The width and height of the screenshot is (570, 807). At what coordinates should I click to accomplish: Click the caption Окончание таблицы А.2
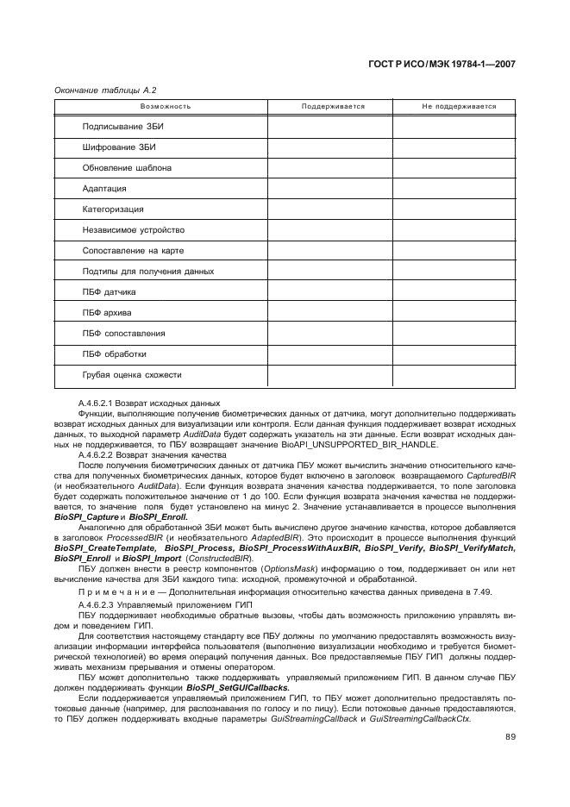(104, 90)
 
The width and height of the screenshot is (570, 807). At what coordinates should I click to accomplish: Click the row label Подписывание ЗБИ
(123, 127)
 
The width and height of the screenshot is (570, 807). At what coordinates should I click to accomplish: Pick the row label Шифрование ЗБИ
(119, 147)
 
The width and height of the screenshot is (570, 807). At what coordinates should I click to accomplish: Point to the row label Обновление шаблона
(127, 168)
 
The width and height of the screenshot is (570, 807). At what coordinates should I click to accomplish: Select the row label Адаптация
(104, 189)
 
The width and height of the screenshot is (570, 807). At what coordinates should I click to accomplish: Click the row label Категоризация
(113, 210)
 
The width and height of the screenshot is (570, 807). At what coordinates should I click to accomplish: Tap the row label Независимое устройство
(134, 230)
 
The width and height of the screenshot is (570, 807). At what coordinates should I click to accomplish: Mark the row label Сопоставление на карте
(133, 251)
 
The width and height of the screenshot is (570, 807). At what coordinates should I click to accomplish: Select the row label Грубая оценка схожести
(132, 375)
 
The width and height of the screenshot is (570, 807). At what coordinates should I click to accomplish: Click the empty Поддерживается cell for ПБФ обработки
(329, 354)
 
